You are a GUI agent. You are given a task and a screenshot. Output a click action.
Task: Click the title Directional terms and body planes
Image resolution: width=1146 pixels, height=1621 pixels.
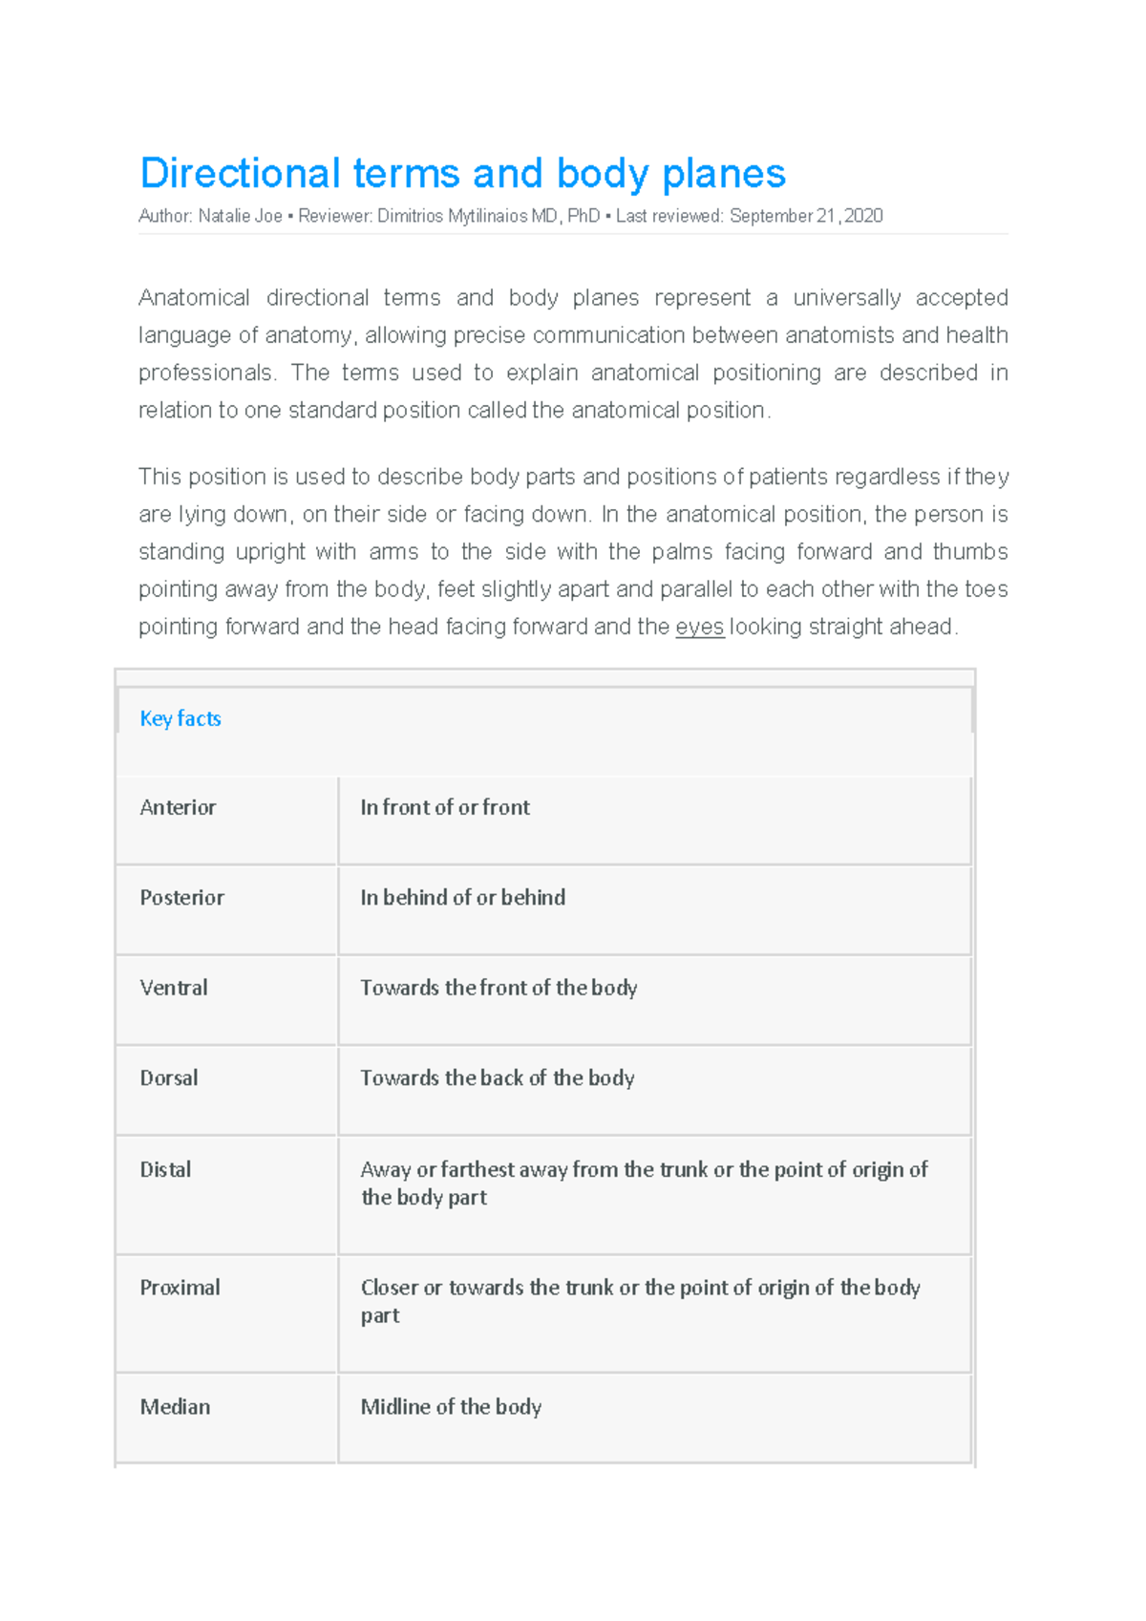(x=462, y=174)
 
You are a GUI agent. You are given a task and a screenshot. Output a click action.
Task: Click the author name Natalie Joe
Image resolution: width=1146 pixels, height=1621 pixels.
(x=240, y=217)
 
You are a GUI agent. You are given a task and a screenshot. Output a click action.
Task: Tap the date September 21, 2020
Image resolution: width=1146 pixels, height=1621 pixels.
(x=806, y=217)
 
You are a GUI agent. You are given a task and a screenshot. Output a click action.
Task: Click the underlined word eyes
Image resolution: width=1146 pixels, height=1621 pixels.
(x=699, y=628)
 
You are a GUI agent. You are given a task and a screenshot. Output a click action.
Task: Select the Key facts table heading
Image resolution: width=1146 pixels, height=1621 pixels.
(x=180, y=718)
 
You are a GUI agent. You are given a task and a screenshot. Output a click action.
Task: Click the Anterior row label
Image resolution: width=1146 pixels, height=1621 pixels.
(x=178, y=808)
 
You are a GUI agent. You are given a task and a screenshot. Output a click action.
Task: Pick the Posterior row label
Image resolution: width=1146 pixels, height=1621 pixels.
(x=181, y=898)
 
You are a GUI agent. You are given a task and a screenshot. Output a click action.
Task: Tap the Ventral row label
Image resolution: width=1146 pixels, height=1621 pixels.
(x=173, y=988)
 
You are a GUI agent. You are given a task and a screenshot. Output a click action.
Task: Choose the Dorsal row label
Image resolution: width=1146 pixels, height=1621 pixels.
(x=169, y=1078)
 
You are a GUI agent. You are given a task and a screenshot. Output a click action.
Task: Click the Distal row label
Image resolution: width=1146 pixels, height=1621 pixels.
(x=165, y=1170)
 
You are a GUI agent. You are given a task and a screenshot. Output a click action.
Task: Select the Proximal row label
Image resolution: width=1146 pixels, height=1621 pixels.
(x=180, y=1288)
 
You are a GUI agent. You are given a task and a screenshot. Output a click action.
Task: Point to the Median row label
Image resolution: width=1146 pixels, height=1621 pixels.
(x=175, y=1407)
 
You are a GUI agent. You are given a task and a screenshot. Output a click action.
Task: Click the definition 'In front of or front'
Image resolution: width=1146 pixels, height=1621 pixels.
(x=444, y=808)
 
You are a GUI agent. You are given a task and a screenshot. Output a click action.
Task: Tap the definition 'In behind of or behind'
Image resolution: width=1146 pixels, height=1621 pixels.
(x=462, y=898)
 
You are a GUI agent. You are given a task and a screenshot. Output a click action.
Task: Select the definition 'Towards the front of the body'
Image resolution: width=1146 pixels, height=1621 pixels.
(x=499, y=988)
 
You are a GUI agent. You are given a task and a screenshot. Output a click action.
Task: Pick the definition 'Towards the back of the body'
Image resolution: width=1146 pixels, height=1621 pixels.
(x=497, y=1078)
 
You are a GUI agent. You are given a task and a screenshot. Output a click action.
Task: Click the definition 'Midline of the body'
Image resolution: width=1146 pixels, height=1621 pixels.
(x=451, y=1407)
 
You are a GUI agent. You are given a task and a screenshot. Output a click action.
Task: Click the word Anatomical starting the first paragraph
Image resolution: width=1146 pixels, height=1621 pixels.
(x=194, y=298)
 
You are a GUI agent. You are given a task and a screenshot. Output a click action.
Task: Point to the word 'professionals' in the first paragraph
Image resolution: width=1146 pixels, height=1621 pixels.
(x=205, y=373)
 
